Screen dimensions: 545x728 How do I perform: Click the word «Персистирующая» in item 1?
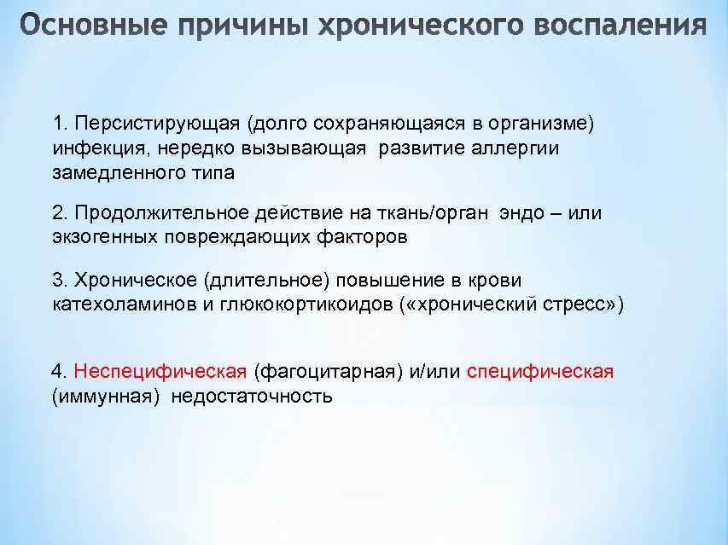(x=158, y=123)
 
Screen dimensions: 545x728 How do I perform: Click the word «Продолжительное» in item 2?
(x=154, y=212)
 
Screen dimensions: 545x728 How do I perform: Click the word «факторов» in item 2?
(x=371, y=237)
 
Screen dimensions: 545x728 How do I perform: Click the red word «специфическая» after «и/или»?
(x=540, y=372)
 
